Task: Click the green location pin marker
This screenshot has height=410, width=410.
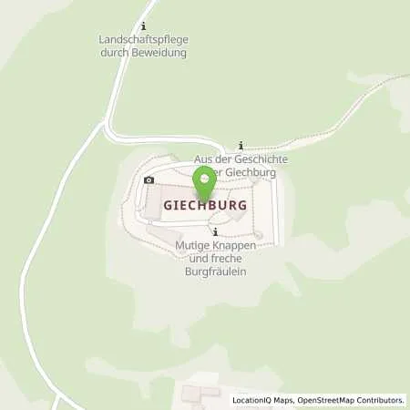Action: click(x=206, y=179)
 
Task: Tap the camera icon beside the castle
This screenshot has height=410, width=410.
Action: click(x=149, y=180)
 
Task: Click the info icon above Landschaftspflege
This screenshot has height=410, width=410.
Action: click(x=143, y=26)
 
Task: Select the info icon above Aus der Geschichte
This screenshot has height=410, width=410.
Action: click(x=240, y=145)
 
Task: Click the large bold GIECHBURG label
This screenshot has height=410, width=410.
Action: click(x=205, y=206)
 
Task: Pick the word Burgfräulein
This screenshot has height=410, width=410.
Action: click(x=214, y=272)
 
